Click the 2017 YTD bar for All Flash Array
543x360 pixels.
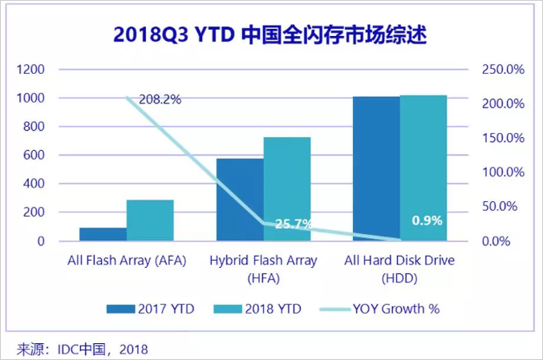click(x=103, y=234)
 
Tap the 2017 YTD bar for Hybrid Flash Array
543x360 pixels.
click(x=240, y=200)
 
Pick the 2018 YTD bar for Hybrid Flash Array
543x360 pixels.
click(x=287, y=189)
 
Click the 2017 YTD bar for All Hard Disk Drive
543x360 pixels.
click(x=376, y=168)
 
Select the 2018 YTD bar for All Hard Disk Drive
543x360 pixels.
click(x=423, y=168)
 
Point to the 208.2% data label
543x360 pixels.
click(x=160, y=100)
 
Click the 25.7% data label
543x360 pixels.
click(x=294, y=224)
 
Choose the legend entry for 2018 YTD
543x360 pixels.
click(x=257, y=308)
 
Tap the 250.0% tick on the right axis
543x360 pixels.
click(x=503, y=70)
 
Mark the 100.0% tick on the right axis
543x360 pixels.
click(x=503, y=172)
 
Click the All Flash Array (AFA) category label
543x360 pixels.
click(x=126, y=261)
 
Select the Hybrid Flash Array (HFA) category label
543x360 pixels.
click(x=263, y=268)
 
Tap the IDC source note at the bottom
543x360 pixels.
click(x=83, y=349)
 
